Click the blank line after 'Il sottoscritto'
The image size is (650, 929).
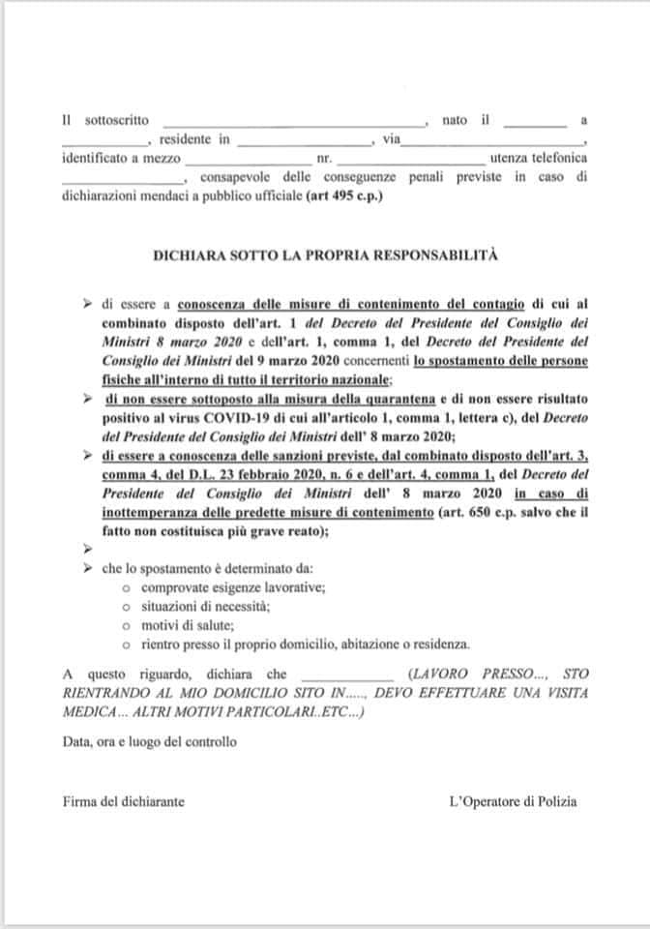click(x=293, y=124)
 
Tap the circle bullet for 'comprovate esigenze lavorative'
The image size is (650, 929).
click(x=127, y=587)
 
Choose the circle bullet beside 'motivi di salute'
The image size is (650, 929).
click(x=127, y=625)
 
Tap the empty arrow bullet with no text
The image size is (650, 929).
click(x=89, y=548)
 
